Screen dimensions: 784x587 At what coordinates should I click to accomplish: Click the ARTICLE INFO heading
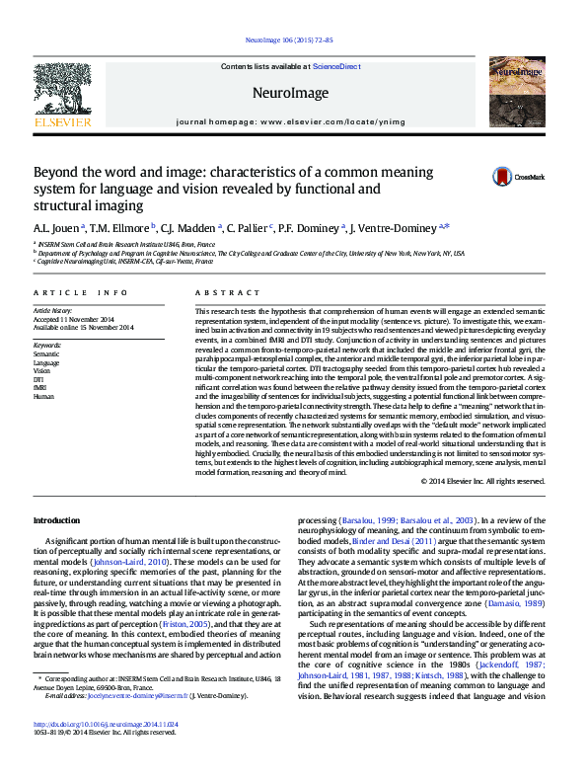point(80,293)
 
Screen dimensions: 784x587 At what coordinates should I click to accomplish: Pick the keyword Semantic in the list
point(45,353)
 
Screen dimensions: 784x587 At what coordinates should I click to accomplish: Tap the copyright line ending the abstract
point(482,481)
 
